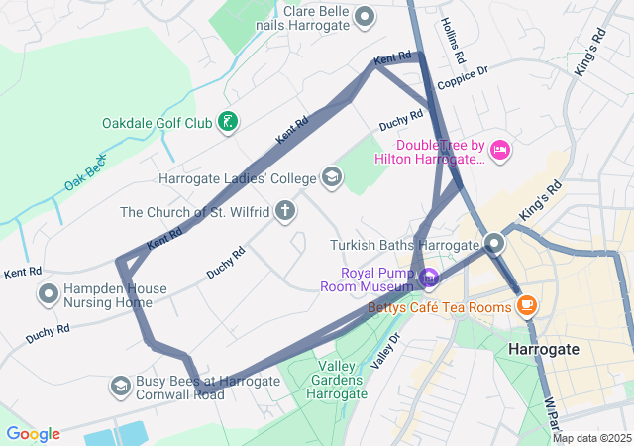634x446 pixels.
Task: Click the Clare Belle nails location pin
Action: point(365,16)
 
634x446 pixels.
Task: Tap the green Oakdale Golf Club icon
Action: point(229,123)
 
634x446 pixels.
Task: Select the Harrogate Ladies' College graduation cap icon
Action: point(332,179)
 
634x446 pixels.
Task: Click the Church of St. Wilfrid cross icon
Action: point(285,211)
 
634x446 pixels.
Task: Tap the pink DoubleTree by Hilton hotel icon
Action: point(500,151)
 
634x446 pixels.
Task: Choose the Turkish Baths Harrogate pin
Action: point(494,244)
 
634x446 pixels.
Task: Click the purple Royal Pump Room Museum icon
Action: point(428,279)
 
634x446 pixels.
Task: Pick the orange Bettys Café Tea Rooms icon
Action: point(525,305)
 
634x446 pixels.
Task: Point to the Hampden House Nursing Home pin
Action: point(49,293)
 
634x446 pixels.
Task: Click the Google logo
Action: point(33,434)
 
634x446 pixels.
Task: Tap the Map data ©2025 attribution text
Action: point(591,438)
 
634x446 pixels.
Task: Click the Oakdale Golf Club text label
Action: point(158,124)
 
